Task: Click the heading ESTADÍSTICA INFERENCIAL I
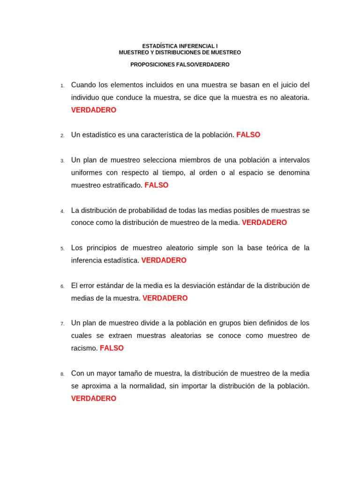(x=180, y=46)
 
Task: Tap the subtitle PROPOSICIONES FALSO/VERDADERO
(x=180, y=65)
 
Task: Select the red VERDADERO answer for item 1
(x=94, y=110)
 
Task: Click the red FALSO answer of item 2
(x=248, y=135)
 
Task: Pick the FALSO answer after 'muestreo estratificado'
(x=157, y=185)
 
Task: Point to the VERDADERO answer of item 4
(x=264, y=223)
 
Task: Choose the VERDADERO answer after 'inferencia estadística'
(x=164, y=260)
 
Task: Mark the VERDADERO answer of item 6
(x=165, y=298)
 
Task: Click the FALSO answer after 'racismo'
(x=112, y=348)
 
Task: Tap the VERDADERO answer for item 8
(x=94, y=398)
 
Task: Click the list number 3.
(x=62, y=161)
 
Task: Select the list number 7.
(x=62, y=324)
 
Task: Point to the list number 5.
(x=62, y=248)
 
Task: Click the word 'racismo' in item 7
(x=84, y=348)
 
